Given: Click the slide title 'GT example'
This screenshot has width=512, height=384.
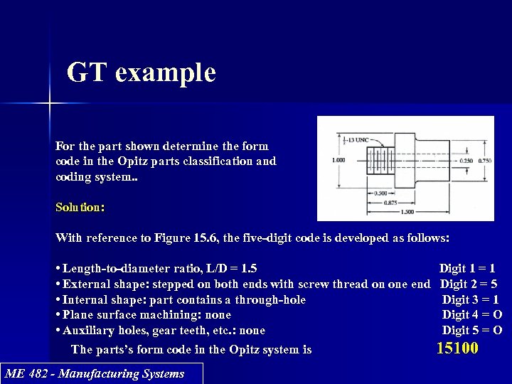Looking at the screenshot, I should [141, 73].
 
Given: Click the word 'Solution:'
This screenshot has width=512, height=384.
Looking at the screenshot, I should [80, 207].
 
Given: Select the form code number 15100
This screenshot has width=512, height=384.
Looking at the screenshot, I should [457, 348].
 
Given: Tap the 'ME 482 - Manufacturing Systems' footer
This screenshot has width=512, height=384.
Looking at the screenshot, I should [94, 374].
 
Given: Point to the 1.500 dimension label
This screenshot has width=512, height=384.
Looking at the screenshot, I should [408, 212].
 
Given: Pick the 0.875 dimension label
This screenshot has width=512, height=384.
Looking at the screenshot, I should [390, 203].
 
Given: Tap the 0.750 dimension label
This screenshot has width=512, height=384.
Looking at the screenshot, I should [484, 160].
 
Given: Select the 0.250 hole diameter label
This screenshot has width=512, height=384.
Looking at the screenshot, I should [466, 160].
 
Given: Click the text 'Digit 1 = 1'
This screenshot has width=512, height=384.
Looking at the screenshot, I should [467, 269].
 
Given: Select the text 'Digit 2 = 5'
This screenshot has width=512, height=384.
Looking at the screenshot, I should [469, 284].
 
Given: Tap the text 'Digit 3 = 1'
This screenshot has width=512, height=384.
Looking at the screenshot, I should [470, 300].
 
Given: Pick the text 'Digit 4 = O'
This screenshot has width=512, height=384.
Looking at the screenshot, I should [471, 315].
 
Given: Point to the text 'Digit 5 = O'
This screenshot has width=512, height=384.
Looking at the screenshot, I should [471, 331].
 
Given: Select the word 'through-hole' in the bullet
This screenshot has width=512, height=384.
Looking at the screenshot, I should [270, 300].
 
